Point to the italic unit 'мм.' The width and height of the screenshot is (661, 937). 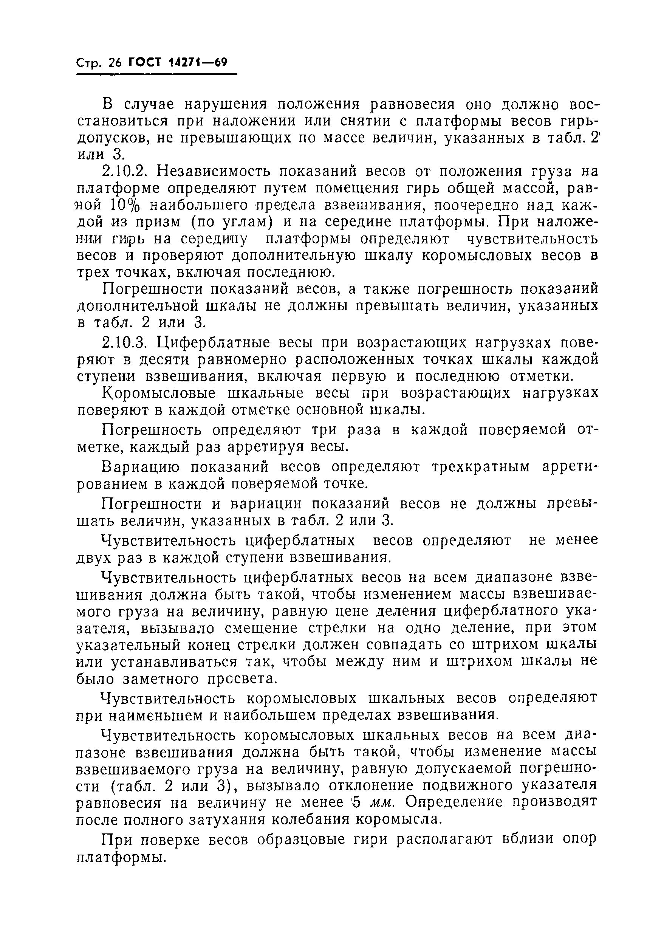[381, 802]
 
